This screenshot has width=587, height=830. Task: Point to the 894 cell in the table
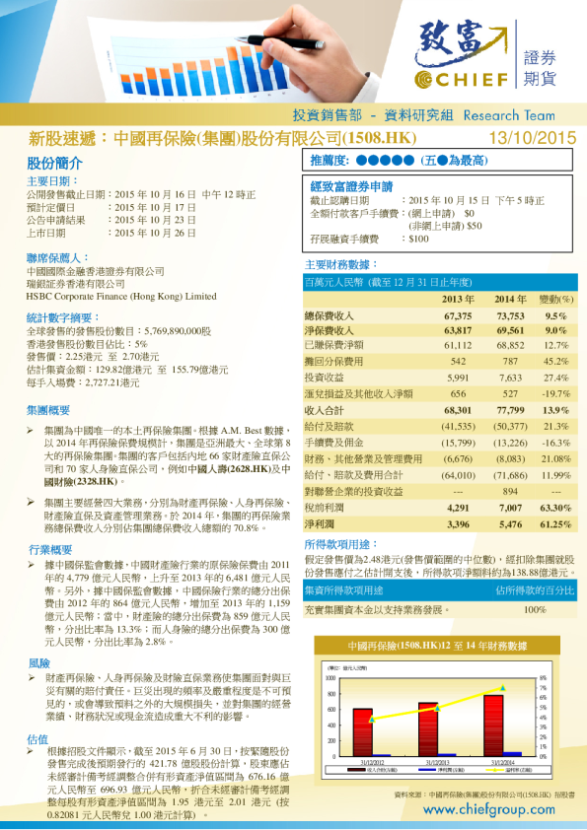(x=510, y=491)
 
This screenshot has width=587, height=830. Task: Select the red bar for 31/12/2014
(x=492, y=725)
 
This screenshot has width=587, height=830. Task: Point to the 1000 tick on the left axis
(x=330, y=678)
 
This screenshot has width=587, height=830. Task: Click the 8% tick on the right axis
(x=543, y=678)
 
